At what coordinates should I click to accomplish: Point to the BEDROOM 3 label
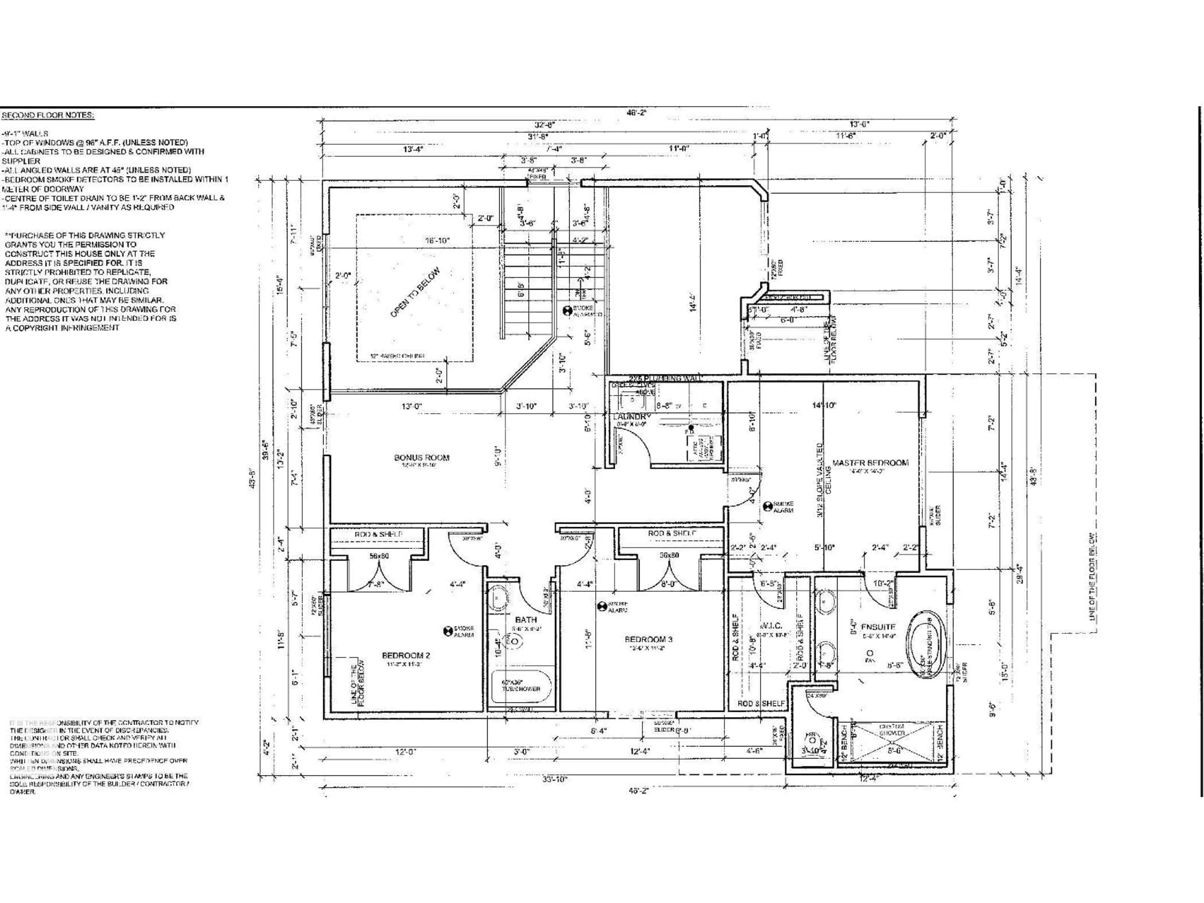point(648,639)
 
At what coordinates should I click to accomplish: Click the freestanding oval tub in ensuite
point(927,646)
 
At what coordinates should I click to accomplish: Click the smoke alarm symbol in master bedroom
point(768,505)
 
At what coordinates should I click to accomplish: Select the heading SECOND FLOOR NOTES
point(48,115)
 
